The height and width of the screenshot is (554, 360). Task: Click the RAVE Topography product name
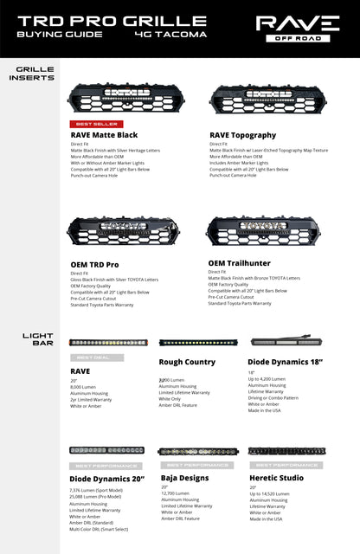[242, 135]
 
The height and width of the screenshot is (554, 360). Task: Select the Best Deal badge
[97, 358]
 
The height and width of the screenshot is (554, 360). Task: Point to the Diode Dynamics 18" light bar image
[281, 341]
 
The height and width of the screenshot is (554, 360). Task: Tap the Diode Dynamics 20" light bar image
[107, 450]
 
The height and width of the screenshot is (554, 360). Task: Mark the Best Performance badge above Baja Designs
[190, 466]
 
